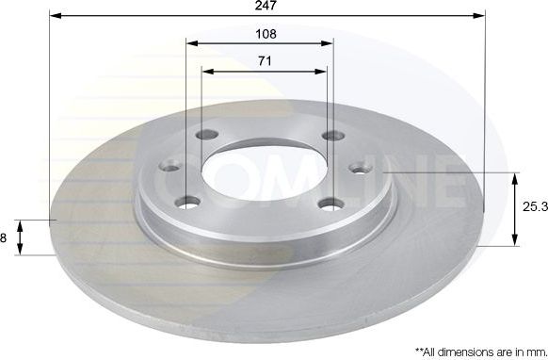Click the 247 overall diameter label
[x=265, y=6]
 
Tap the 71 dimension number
[x=265, y=60]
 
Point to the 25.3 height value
[x=532, y=208]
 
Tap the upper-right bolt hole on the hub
[x=329, y=136]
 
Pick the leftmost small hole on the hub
[x=170, y=168]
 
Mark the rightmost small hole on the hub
[x=359, y=168]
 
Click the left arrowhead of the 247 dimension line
[x=53, y=16]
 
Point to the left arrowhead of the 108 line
[x=191, y=43]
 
